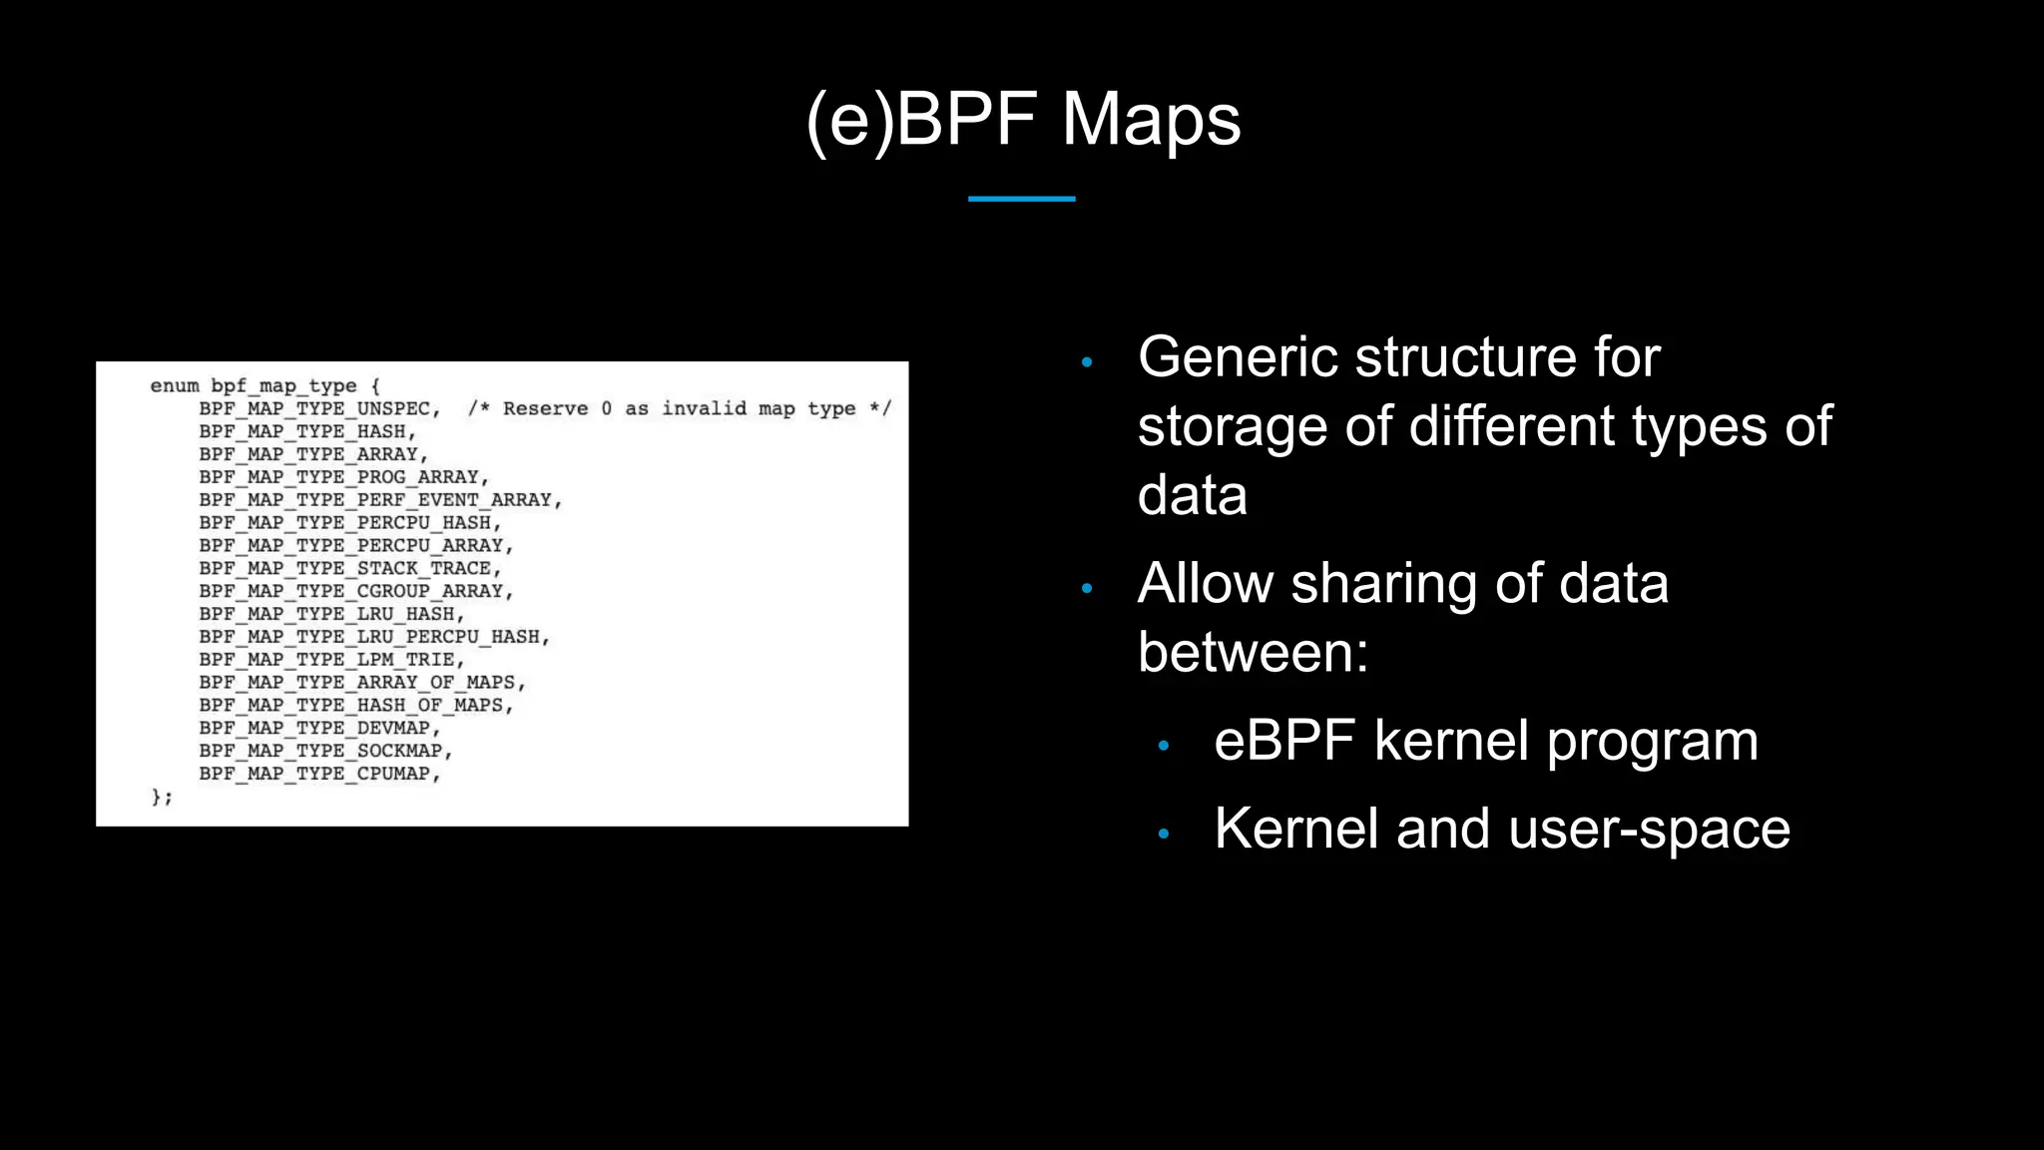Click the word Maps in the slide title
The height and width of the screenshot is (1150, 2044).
[x=1151, y=120]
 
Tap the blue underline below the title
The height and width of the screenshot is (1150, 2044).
[x=1021, y=199]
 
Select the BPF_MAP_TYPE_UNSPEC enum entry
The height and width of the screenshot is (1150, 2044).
[x=318, y=408]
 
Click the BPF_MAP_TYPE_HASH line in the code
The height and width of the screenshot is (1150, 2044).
[x=306, y=431]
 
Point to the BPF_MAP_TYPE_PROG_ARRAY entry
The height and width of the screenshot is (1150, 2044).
[x=343, y=477]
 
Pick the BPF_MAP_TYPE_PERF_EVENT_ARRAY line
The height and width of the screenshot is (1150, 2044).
[x=379, y=500]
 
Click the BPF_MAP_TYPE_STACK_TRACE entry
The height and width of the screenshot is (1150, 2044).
[x=349, y=568]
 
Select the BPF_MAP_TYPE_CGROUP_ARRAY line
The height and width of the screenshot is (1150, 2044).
[x=355, y=591]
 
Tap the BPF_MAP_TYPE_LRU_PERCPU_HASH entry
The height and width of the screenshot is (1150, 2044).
[x=373, y=637]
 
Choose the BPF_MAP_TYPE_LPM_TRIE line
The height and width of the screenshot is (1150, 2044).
[x=331, y=660]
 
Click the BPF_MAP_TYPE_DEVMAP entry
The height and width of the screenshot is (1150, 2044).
[x=318, y=728]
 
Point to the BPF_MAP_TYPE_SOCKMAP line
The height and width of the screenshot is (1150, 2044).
[x=325, y=751]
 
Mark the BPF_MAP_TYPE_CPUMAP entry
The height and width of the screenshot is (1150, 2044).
[x=318, y=774]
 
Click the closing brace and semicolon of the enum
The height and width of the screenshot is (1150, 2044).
[x=161, y=797]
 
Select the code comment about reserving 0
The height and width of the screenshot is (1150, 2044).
[x=679, y=408]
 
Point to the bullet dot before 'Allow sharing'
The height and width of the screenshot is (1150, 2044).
[x=1087, y=588]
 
